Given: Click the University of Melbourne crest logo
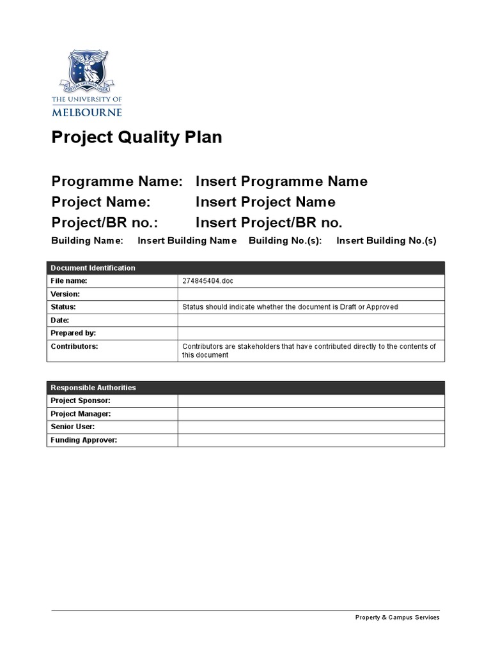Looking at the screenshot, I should (87, 72).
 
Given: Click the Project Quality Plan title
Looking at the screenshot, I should (137, 137).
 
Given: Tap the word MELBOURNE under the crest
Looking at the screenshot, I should (87, 112).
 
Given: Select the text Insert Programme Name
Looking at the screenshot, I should (281, 181).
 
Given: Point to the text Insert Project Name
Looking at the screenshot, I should (265, 202).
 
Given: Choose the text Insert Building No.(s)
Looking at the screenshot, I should (386, 241).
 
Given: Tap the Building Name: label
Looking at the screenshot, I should (87, 241).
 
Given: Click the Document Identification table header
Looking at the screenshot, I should (93, 268).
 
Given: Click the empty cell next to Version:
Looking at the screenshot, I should (311, 294).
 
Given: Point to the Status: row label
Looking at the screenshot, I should (63, 307).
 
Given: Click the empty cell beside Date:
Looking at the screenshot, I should (311, 321).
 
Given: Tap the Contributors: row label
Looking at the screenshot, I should (74, 346).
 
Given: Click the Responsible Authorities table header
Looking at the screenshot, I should (93, 388).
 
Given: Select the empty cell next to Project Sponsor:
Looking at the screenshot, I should (311, 400).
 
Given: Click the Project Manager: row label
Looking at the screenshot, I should (81, 414).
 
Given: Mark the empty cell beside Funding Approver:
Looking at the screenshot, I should (311, 440).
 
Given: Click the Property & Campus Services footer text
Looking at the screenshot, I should (397, 618).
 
